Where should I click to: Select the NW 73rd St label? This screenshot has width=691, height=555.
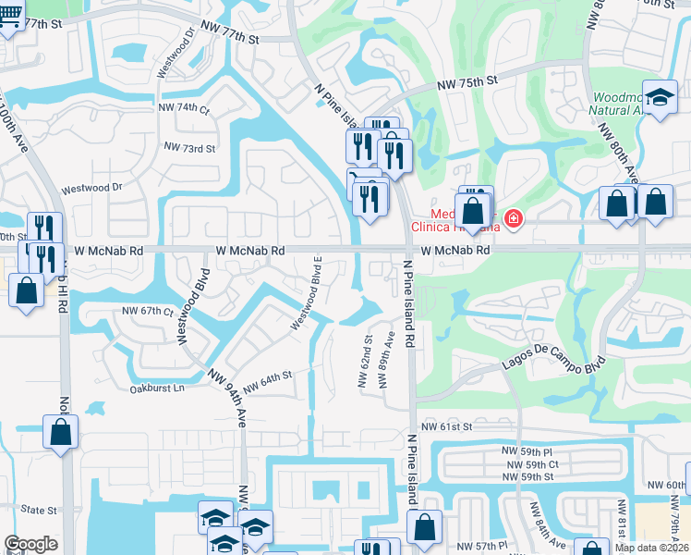189,147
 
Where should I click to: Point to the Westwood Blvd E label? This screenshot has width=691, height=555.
306,292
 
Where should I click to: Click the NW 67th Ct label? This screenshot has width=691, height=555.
148,312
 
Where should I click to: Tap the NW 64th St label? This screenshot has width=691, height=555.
270,378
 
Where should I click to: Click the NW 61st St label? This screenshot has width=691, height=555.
446,426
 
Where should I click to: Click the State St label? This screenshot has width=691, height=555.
39,510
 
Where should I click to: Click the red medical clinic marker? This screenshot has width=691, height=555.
513,219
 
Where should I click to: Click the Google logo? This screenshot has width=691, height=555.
30,544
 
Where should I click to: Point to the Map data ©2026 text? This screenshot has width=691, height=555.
652,548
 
